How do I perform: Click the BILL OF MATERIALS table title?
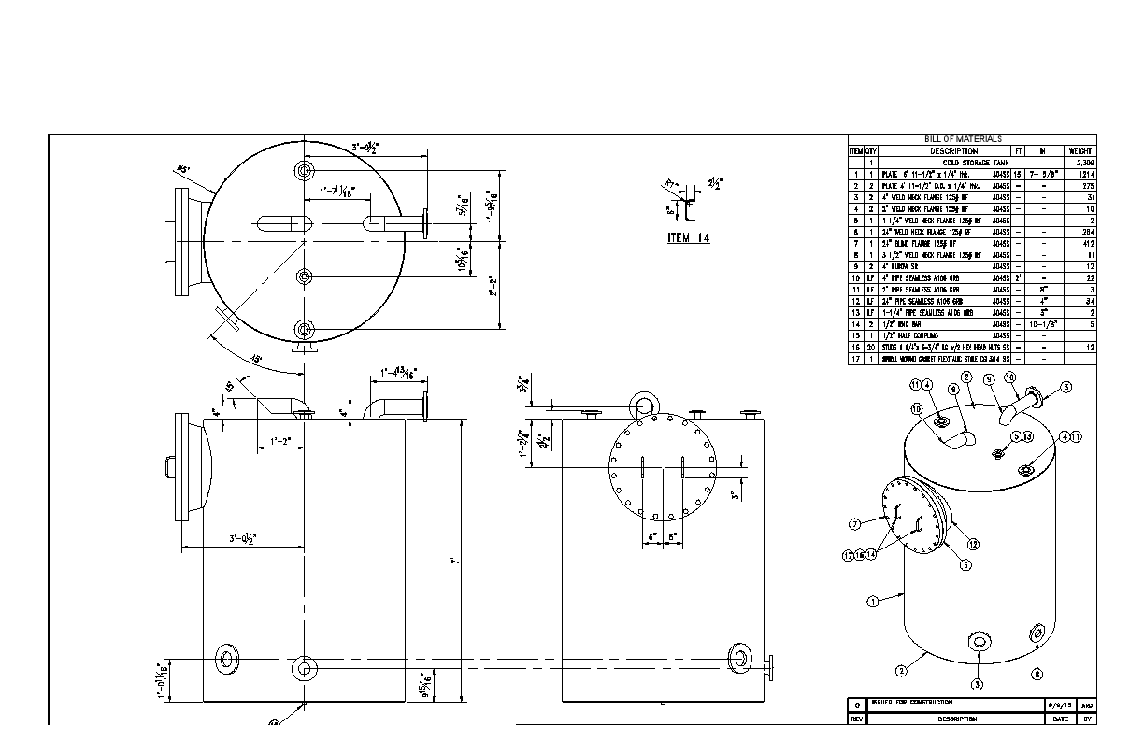coord(963,139)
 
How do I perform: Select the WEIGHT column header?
coord(1081,150)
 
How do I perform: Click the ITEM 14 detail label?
coord(688,238)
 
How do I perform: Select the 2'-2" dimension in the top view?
coord(493,285)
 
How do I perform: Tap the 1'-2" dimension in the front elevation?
coord(280,440)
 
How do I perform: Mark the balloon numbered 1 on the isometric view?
coord(872,602)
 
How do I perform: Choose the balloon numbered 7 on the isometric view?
coord(853,523)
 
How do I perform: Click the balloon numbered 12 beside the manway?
coord(973,544)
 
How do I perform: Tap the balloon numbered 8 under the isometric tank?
coord(1036,674)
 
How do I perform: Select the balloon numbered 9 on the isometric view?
coord(989,379)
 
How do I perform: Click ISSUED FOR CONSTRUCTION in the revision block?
coord(911,702)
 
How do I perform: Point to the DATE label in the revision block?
coord(1061,719)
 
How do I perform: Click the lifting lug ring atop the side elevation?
coord(644,405)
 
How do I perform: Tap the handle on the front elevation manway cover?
coord(169,464)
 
